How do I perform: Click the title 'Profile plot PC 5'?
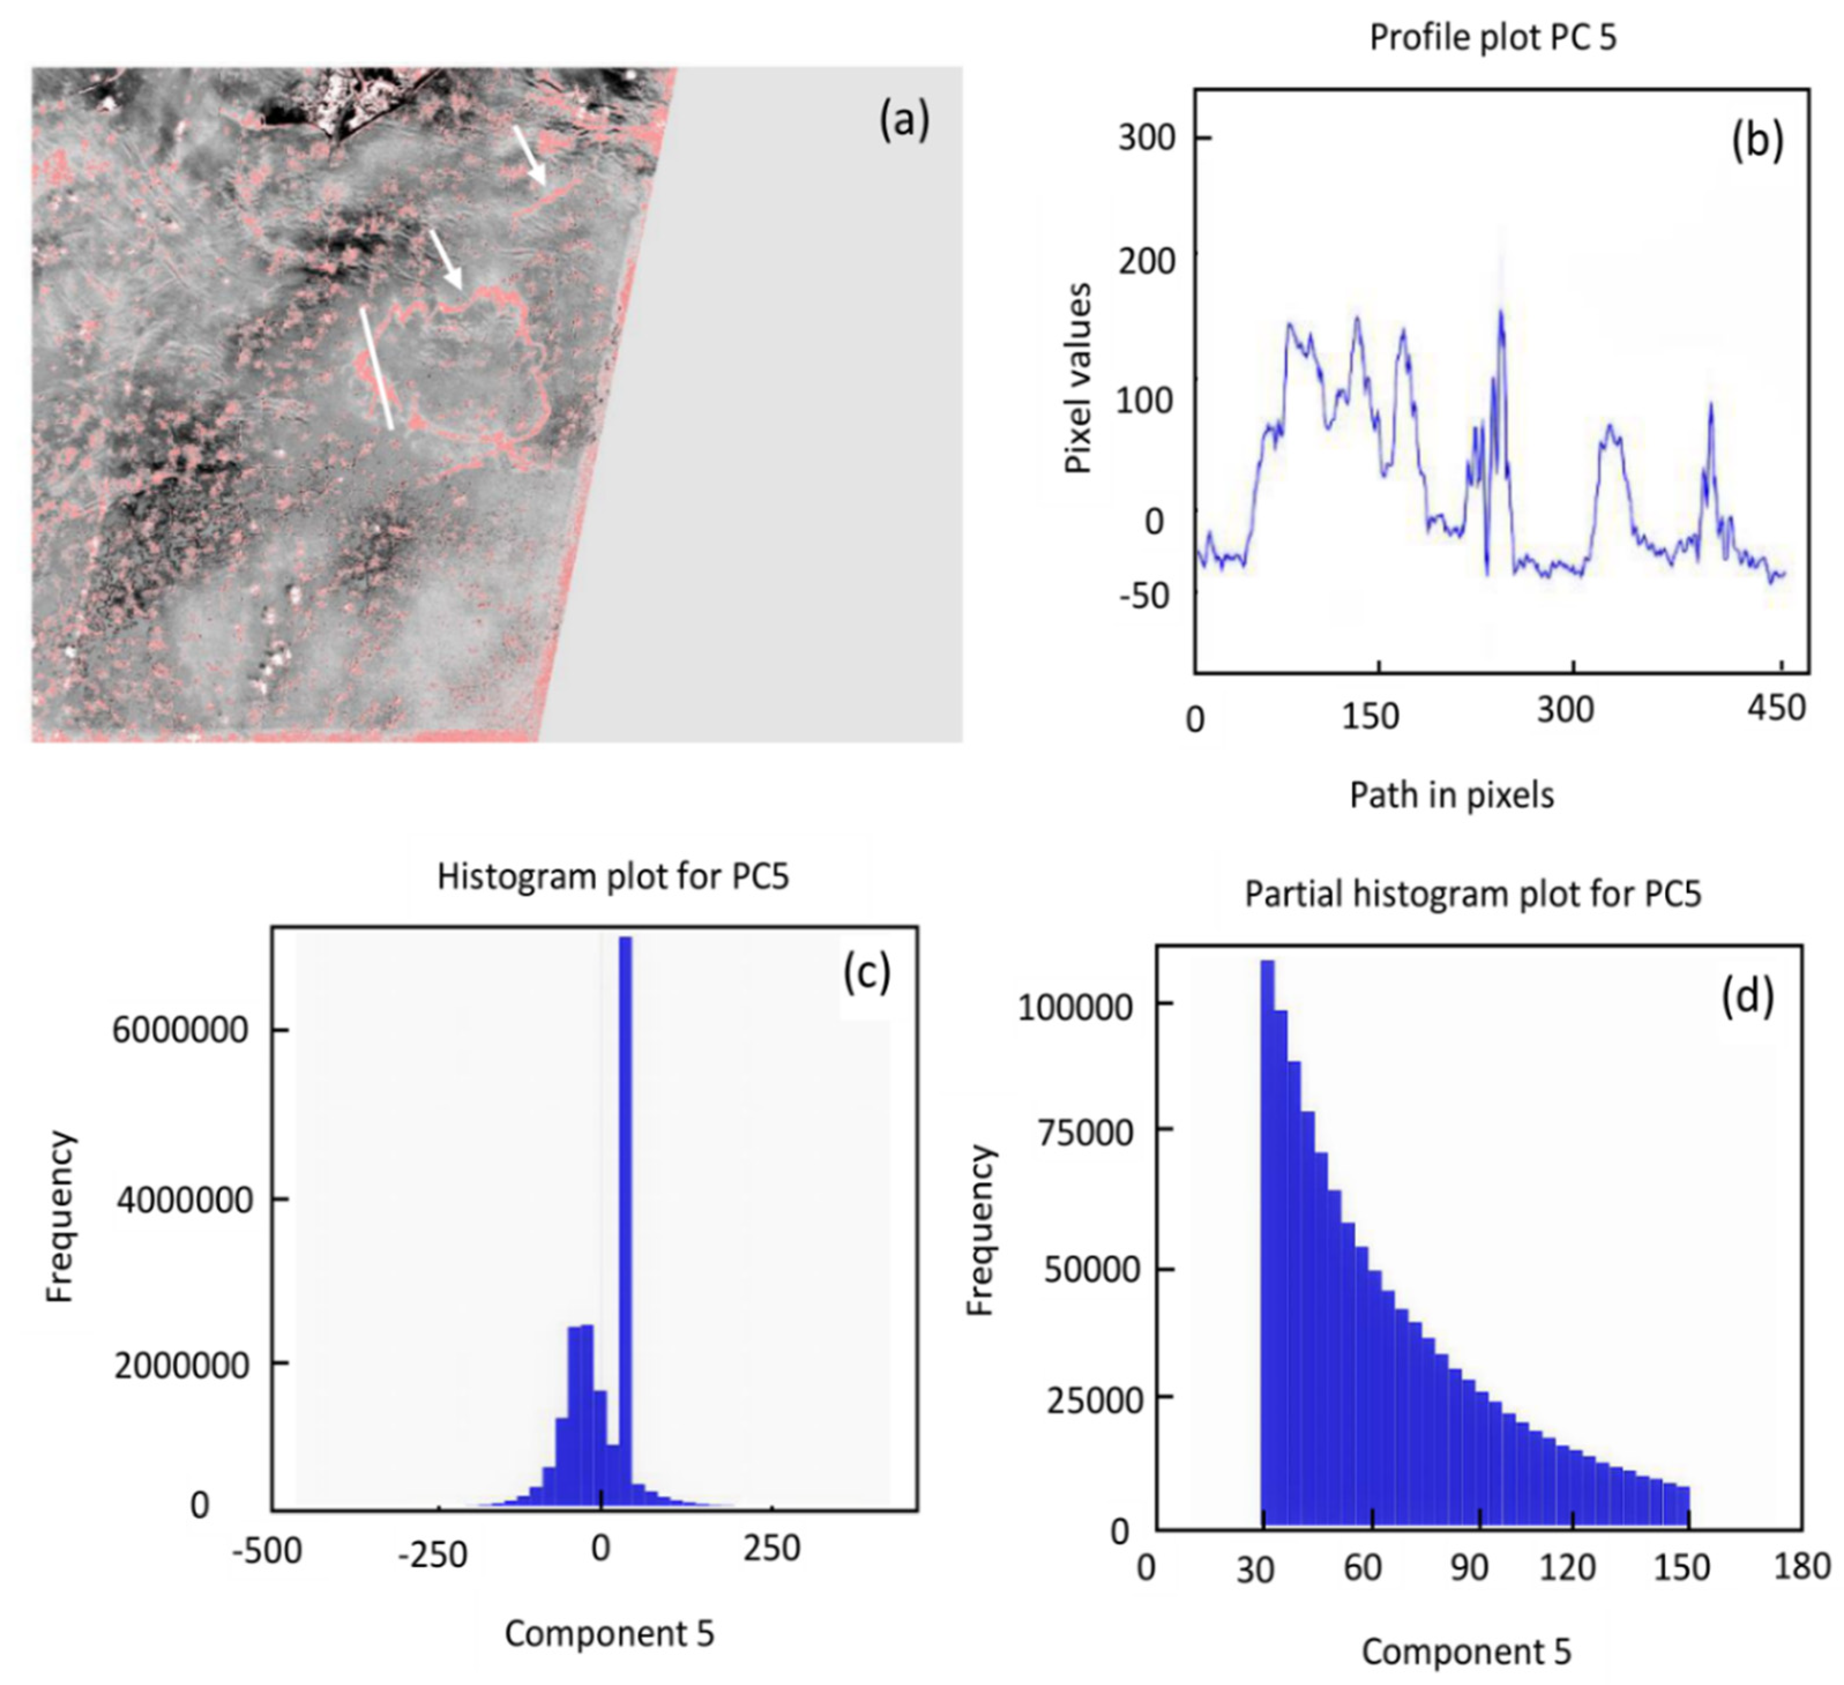(1492, 39)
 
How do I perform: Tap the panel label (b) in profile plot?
(1757, 142)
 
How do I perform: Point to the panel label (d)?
(1747, 997)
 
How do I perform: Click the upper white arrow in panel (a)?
(530, 155)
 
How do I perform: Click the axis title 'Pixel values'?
(1079, 378)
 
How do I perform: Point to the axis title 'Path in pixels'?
(1452, 795)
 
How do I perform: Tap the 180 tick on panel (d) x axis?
(1802, 1566)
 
